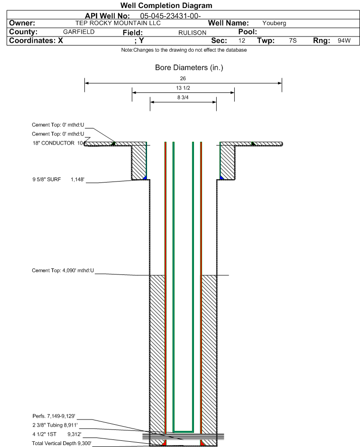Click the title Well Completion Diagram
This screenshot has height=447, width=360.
click(x=166, y=5)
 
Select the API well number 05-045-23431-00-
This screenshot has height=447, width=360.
click(x=170, y=16)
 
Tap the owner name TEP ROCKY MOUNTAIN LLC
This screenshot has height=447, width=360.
click(x=118, y=23)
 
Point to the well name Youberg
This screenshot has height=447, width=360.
click(x=274, y=23)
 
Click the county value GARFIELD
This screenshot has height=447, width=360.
click(x=79, y=32)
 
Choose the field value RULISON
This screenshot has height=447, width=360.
click(x=192, y=33)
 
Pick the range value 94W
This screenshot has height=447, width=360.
click(x=344, y=40)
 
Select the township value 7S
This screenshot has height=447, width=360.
click(x=293, y=40)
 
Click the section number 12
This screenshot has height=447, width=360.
click(x=241, y=40)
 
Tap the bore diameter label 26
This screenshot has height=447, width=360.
click(x=183, y=78)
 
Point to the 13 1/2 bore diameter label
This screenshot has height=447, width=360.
click(x=183, y=88)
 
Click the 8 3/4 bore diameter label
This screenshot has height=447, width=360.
click(x=183, y=98)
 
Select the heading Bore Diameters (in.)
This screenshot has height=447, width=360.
click(x=189, y=68)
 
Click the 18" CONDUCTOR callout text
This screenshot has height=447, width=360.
click(x=58, y=143)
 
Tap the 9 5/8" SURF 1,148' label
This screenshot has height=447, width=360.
click(x=58, y=179)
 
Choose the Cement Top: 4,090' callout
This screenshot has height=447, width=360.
click(x=63, y=270)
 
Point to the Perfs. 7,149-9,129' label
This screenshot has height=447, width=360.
click(x=54, y=416)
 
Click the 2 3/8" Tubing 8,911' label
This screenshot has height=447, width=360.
click(x=55, y=425)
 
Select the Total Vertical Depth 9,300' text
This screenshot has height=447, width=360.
click(x=62, y=443)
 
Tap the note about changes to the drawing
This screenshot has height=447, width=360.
click(x=184, y=50)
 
